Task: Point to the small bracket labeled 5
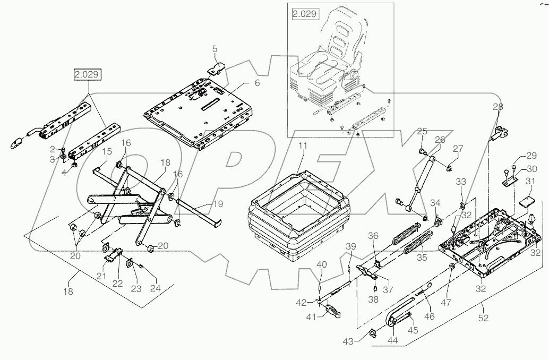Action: [216, 68]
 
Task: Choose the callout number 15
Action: [106, 152]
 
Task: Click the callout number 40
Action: [321, 265]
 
